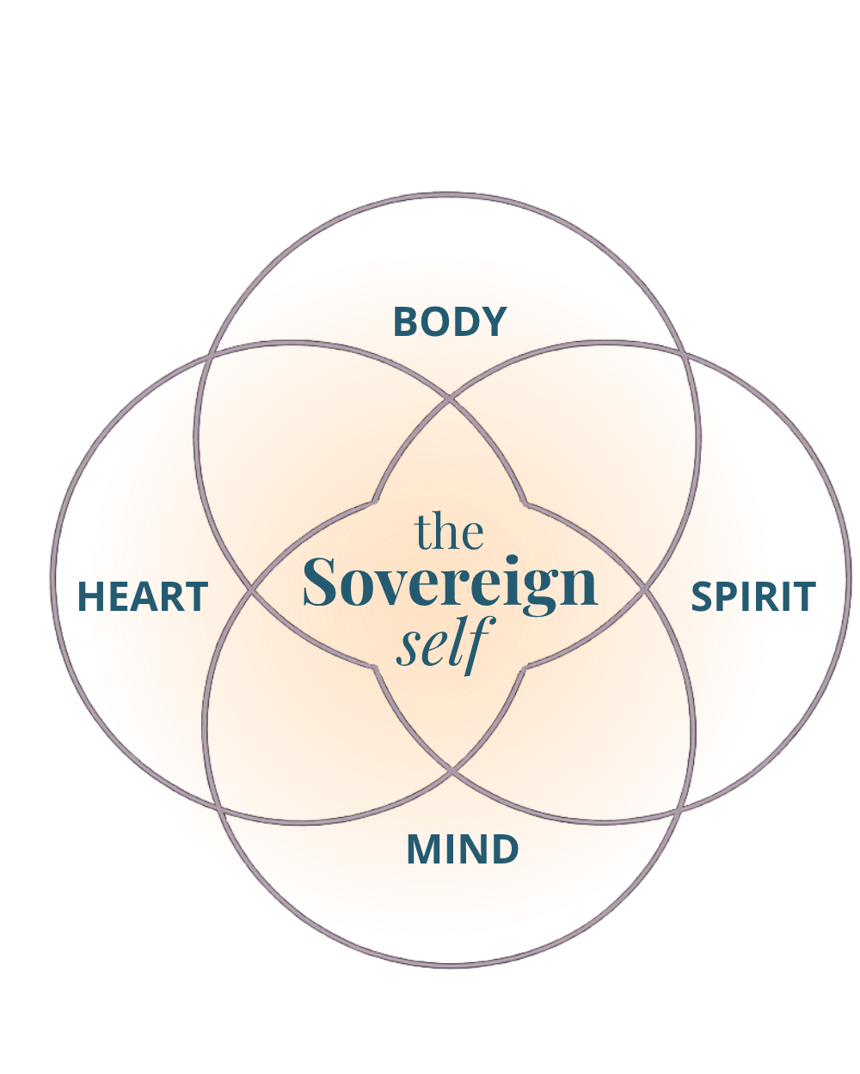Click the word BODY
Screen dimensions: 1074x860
(x=450, y=322)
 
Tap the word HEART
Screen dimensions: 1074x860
(x=143, y=597)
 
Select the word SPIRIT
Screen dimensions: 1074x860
(x=753, y=597)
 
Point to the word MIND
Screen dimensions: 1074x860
(x=463, y=850)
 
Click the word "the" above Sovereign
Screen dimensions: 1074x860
(x=449, y=532)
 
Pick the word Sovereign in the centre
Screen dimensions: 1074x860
(x=450, y=585)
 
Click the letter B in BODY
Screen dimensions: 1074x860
(x=408, y=322)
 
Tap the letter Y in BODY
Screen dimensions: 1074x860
(x=493, y=322)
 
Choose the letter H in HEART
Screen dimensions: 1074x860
(x=91, y=597)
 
